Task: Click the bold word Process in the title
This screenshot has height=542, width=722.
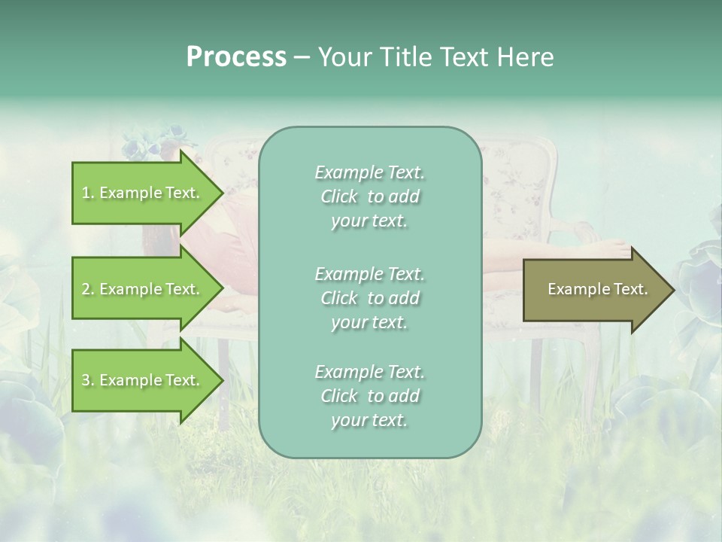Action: point(236,57)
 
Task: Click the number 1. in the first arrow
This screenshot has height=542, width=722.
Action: point(88,193)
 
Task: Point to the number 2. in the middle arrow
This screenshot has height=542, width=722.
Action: point(88,289)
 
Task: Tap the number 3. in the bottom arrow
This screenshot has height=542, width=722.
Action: point(88,380)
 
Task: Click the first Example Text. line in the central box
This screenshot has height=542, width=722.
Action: point(369,172)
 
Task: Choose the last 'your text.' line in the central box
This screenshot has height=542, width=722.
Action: point(369,421)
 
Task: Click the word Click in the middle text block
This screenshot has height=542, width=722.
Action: point(339,298)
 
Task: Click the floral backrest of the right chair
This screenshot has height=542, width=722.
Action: point(519,188)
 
